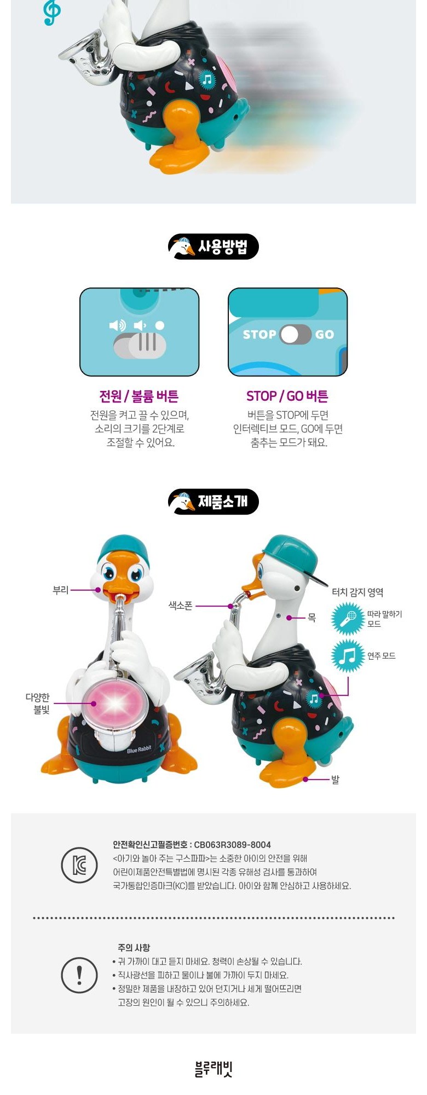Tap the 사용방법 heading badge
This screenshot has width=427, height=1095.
pos(214,247)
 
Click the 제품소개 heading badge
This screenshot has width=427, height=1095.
pos(214,502)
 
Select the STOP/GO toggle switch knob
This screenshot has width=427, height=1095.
pos(290,335)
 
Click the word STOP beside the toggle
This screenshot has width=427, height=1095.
pos(259,335)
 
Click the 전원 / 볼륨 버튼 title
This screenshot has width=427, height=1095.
pos(139,396)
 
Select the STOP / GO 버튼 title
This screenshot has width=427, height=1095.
pos(287,396)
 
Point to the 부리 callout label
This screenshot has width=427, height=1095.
pos(60,590)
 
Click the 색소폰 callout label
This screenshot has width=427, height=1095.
pos(180,606)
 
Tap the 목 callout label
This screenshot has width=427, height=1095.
pos(311,618)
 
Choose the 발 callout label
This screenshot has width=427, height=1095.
pos(335,779)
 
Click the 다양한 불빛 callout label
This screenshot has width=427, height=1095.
pos(38,704)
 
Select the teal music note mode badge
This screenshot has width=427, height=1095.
pos(348,656)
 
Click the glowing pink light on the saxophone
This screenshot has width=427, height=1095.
pos(116,704)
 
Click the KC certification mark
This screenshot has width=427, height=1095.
pos(79,866)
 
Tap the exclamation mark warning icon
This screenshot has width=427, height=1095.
pos(79,975)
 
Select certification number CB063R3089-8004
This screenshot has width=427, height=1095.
pos(233,845)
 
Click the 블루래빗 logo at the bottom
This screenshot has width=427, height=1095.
pos(214,1069)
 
